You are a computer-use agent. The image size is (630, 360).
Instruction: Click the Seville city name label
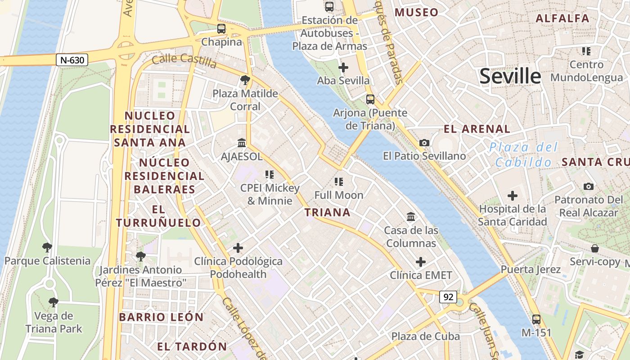coord(510,76)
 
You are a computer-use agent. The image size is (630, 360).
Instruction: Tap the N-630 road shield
coord(72,60)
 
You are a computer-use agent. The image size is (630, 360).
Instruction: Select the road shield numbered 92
coord(448,297)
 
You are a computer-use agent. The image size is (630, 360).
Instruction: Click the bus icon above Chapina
coord(221,29)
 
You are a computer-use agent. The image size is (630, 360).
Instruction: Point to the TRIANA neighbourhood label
coord(328,212)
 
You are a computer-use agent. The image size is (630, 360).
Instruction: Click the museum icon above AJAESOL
coord(242,143)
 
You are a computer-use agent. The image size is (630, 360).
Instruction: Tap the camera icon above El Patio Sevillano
coord(424,143)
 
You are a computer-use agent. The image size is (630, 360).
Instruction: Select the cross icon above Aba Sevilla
coord(343,68)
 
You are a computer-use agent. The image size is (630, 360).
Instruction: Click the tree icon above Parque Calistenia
coord(47,247)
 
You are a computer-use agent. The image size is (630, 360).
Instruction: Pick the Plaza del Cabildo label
coord(524,154)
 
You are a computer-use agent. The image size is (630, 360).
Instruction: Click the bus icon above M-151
coord(536,319)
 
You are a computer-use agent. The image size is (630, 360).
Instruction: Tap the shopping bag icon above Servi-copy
coord(594,248)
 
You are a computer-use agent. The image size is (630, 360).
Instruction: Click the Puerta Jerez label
coord(531,270)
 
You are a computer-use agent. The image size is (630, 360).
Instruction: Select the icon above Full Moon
coord(339,182)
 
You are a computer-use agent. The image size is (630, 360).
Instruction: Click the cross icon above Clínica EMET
coord(421,262)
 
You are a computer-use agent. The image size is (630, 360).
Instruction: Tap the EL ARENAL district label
coord(477,129)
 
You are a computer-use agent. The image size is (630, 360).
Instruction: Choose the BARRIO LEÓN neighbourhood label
coord(162,317)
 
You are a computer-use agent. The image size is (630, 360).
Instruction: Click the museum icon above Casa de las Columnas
coord(411,217)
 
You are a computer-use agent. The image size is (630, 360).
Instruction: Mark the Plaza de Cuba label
coord(425,336)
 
